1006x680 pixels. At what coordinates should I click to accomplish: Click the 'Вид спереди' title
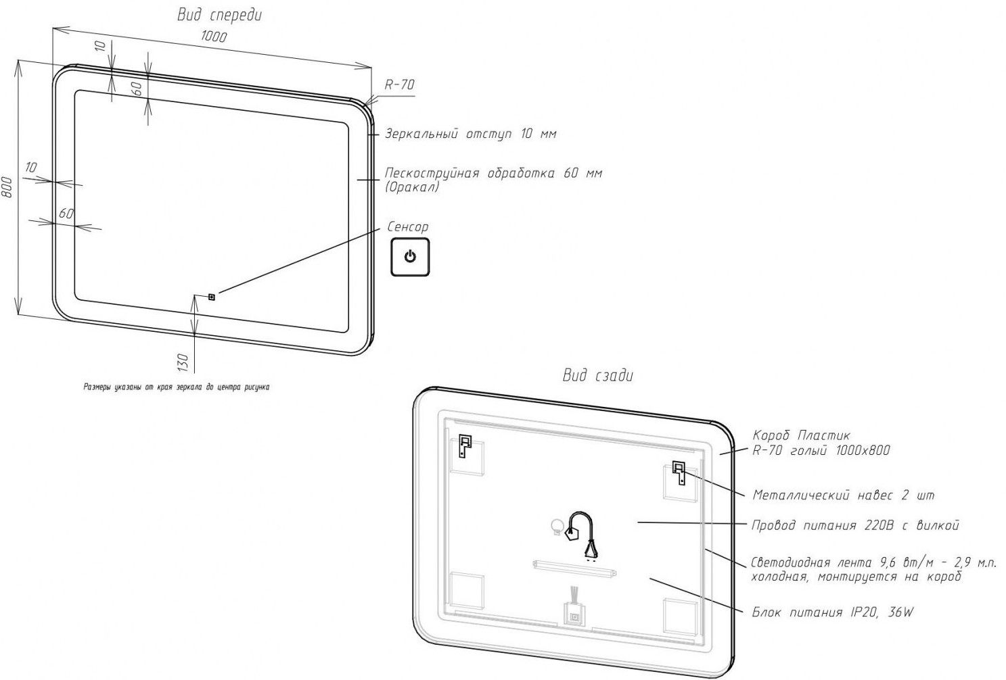coord(219,15)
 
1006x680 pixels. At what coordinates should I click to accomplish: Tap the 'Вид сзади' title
coord(598,376)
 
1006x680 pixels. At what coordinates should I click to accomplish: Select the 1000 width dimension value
coord(214,37)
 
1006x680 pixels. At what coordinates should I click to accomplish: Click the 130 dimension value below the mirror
coord(182,362)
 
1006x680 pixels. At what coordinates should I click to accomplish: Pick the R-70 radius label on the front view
coord(399,84)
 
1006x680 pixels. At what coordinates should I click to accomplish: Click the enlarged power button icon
coord(410,257)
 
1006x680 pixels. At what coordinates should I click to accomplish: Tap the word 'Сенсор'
coord(407,227)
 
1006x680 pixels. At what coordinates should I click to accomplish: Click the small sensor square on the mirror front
coord(212,296)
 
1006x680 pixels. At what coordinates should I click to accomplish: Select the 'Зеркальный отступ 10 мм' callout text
coord(471,134)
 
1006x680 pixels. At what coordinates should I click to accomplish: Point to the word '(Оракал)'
coord(412,187)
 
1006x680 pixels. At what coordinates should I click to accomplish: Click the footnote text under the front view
coord(176,387)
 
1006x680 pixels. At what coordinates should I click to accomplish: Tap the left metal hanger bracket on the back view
coord(465,445)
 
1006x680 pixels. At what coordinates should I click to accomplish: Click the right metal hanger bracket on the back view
coord(679,472)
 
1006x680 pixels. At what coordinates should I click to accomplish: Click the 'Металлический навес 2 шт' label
coord(843,495)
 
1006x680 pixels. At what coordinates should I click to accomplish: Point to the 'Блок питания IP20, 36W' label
coord(832,612)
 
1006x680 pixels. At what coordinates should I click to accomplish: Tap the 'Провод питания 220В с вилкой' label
coord(855,526)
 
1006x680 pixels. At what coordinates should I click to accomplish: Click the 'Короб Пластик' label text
coord(801,435)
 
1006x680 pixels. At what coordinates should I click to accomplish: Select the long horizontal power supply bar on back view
coord(574,568)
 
